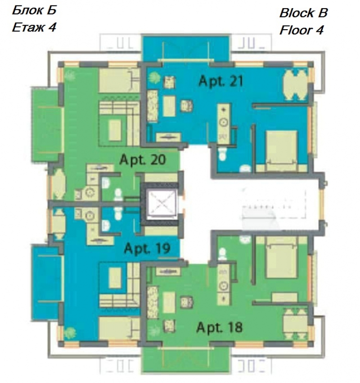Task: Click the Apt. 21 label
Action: pos(221,81)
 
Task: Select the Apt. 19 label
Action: pos(147,249)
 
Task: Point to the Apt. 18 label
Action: pos(220,327)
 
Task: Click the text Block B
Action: pos(303,13)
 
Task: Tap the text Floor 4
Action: pos(301,30)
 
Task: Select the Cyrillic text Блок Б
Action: pos(34,10)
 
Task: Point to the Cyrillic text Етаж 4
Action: pos(34,27)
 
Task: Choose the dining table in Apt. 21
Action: pos(295,85)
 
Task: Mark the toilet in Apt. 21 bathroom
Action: pos(222,154)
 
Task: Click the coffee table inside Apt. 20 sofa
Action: pos(115,130)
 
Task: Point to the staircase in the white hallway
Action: pos(274,208)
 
